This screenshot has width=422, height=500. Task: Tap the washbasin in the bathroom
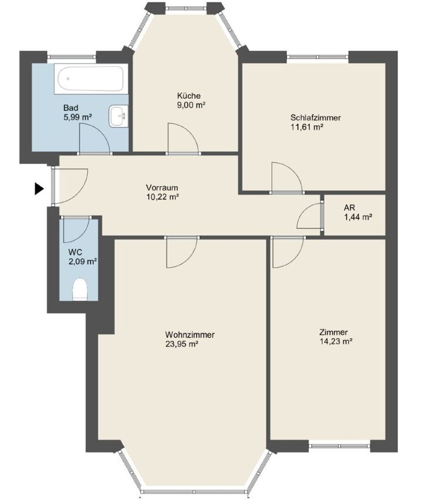pos(119,116)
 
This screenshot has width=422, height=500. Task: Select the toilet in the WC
pos(80,289)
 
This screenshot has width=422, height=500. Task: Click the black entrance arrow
pos(39,189)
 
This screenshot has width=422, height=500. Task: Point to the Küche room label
pos(189,96)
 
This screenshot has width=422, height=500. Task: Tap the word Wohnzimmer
pos(190,335)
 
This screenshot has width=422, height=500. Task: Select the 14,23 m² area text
pos(336,342)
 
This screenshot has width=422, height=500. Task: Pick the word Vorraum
pos(162,188)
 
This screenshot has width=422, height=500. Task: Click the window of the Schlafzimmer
pos(317,56)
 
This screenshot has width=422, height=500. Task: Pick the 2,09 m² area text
pos(82,262)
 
